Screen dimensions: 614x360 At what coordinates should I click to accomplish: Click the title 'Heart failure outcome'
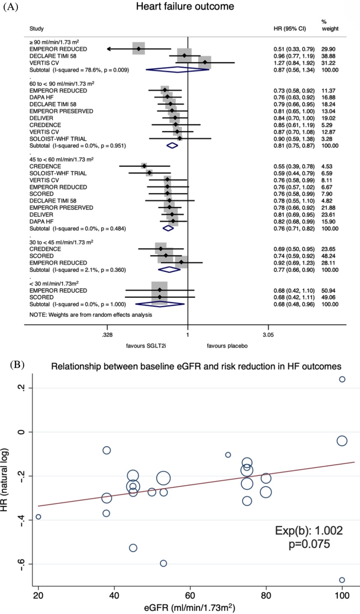pos(185,6)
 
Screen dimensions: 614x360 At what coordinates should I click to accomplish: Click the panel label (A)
pos(10,7)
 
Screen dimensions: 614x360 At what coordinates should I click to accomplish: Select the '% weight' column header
pos(330,25)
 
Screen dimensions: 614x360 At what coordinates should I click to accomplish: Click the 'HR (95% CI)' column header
pos(290,29)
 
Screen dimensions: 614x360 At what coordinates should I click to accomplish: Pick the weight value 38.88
pos(328,56)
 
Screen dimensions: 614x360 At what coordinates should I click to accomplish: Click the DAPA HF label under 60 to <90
pos(41,98)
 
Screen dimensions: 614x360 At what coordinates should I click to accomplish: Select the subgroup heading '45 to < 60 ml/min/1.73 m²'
pos(61,160)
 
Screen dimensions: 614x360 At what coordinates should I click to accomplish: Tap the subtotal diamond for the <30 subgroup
pos(160,304)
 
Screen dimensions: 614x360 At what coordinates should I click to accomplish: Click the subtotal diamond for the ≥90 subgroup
pos(177,70)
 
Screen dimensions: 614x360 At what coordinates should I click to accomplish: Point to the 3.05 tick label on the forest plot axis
pos(268,335)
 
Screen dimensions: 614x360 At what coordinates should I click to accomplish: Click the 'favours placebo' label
pos(227,346)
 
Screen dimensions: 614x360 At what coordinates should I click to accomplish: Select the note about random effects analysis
pos(91,315)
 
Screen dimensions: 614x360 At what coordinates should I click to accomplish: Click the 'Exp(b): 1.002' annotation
pos(309,531)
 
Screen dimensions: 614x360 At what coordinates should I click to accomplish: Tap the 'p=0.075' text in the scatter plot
pos(309,544)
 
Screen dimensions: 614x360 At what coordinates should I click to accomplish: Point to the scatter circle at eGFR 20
pos(38,517)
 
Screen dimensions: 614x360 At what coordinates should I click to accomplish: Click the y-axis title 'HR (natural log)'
pos(4,480)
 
